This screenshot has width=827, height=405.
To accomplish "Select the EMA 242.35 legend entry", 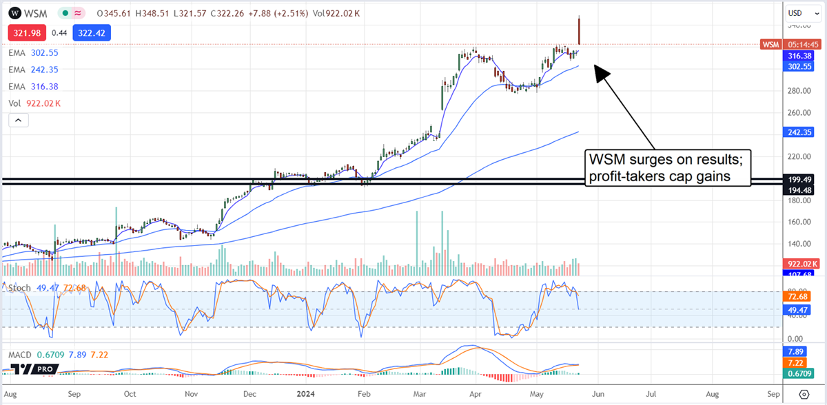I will [34, 69].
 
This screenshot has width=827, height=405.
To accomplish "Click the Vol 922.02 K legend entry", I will [34, 103].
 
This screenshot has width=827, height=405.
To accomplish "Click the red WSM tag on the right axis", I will [770, 44].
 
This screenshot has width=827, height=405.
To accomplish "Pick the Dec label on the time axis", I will [250, 394].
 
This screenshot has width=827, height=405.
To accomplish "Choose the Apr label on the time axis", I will [474, 394].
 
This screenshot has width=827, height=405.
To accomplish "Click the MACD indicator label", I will [19, 355].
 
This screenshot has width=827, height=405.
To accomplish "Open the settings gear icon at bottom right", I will [804, 394].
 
